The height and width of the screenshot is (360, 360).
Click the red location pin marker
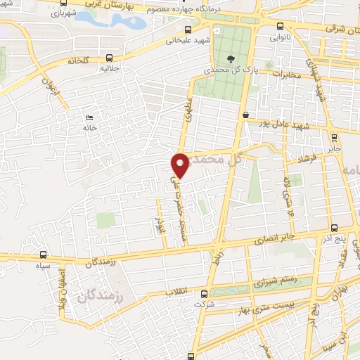tap(181, 165)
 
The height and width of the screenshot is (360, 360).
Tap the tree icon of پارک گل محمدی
tap(231, 59)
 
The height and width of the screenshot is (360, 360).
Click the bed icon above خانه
tap(89, 117)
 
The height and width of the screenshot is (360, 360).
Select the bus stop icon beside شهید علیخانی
tap(187, 30)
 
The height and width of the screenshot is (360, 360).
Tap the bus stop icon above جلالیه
tap(108, 58)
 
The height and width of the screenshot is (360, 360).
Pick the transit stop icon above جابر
tap(333, 138)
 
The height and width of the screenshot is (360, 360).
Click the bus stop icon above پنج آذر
tap(335, 228)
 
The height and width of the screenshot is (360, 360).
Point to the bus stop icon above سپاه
tap(44, 255)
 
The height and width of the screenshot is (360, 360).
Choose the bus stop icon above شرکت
tap(204, 294)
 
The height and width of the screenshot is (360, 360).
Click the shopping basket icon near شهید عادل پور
tap(245, 115)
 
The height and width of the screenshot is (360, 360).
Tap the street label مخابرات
tap(287, 75)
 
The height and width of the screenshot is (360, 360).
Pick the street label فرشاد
tap(307, 160)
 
